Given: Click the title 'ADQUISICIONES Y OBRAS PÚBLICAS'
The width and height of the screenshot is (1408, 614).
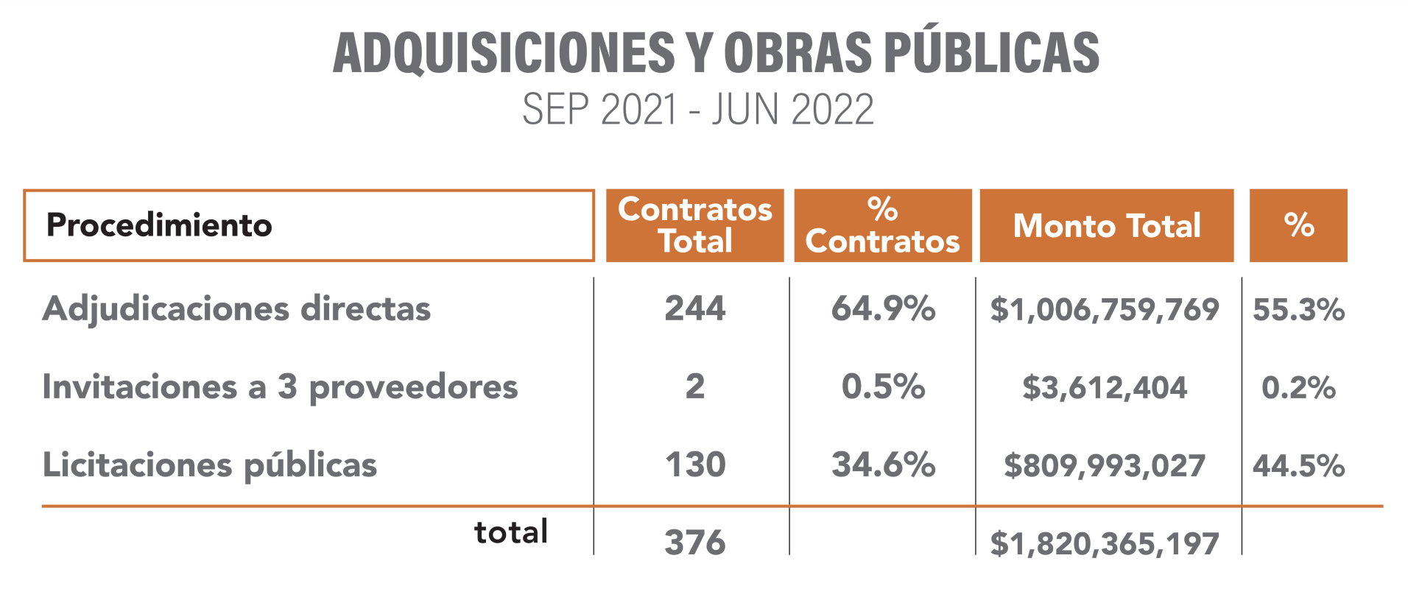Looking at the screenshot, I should click(716, 53).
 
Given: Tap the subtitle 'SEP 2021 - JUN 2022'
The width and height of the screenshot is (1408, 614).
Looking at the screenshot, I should click(698, 110).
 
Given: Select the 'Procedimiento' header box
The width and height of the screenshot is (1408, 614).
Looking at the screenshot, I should click(309, 225).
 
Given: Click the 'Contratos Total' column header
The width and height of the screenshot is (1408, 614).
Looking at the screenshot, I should click(694, 225).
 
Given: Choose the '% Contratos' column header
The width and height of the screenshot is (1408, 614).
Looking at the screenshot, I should click(882, 225).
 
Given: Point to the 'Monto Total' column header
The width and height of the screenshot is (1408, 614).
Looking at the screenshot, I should click(1106, 225).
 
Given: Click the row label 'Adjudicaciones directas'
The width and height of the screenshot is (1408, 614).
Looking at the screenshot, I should click(236, 308).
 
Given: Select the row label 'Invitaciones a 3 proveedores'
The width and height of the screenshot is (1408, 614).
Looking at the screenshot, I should click(280, 387).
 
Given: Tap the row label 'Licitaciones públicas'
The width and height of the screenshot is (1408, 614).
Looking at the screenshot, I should click(210, 465).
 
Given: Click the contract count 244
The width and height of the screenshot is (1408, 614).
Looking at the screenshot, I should click(694, 308).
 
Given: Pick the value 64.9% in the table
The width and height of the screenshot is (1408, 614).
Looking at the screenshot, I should click(883, 308).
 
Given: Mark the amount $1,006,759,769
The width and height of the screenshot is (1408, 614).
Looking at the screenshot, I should click(1105, 309).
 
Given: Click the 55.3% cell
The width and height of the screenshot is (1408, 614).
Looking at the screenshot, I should click(1299, 309).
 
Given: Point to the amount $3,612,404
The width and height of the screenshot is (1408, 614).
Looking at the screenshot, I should click(1105, 387).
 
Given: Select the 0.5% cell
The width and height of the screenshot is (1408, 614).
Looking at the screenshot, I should click(883, 387).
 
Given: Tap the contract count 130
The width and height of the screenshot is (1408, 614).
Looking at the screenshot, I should click(694, 465).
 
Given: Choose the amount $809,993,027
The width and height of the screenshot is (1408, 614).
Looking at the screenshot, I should click(1105, 465).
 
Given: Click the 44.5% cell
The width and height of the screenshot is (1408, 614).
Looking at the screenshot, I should click(1299, 465).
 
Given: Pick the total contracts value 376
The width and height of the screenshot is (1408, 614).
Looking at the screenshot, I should click(694, 543).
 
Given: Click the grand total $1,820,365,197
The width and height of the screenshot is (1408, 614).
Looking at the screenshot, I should click(1105, 543).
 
